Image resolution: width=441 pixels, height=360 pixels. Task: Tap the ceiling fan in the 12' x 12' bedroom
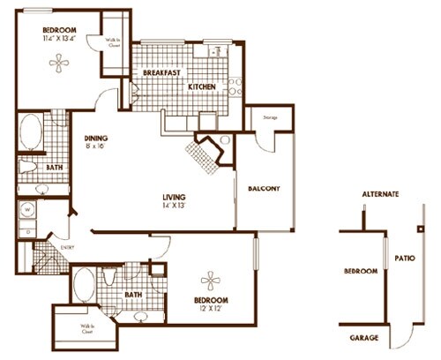coord(212,281)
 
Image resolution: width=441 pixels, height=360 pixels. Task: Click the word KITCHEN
coord(203,86)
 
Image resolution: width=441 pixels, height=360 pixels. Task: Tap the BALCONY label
coord(264,188)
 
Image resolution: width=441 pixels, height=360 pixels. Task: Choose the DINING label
coord(96,138)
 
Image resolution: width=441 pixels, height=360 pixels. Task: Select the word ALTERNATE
coord(381,193)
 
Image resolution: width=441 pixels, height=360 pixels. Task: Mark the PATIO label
coord(405,259)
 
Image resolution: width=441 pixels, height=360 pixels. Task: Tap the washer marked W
coord(26,210)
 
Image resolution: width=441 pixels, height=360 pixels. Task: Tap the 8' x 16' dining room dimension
coord(95,147)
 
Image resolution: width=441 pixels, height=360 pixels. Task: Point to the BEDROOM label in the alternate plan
coord(360,271)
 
